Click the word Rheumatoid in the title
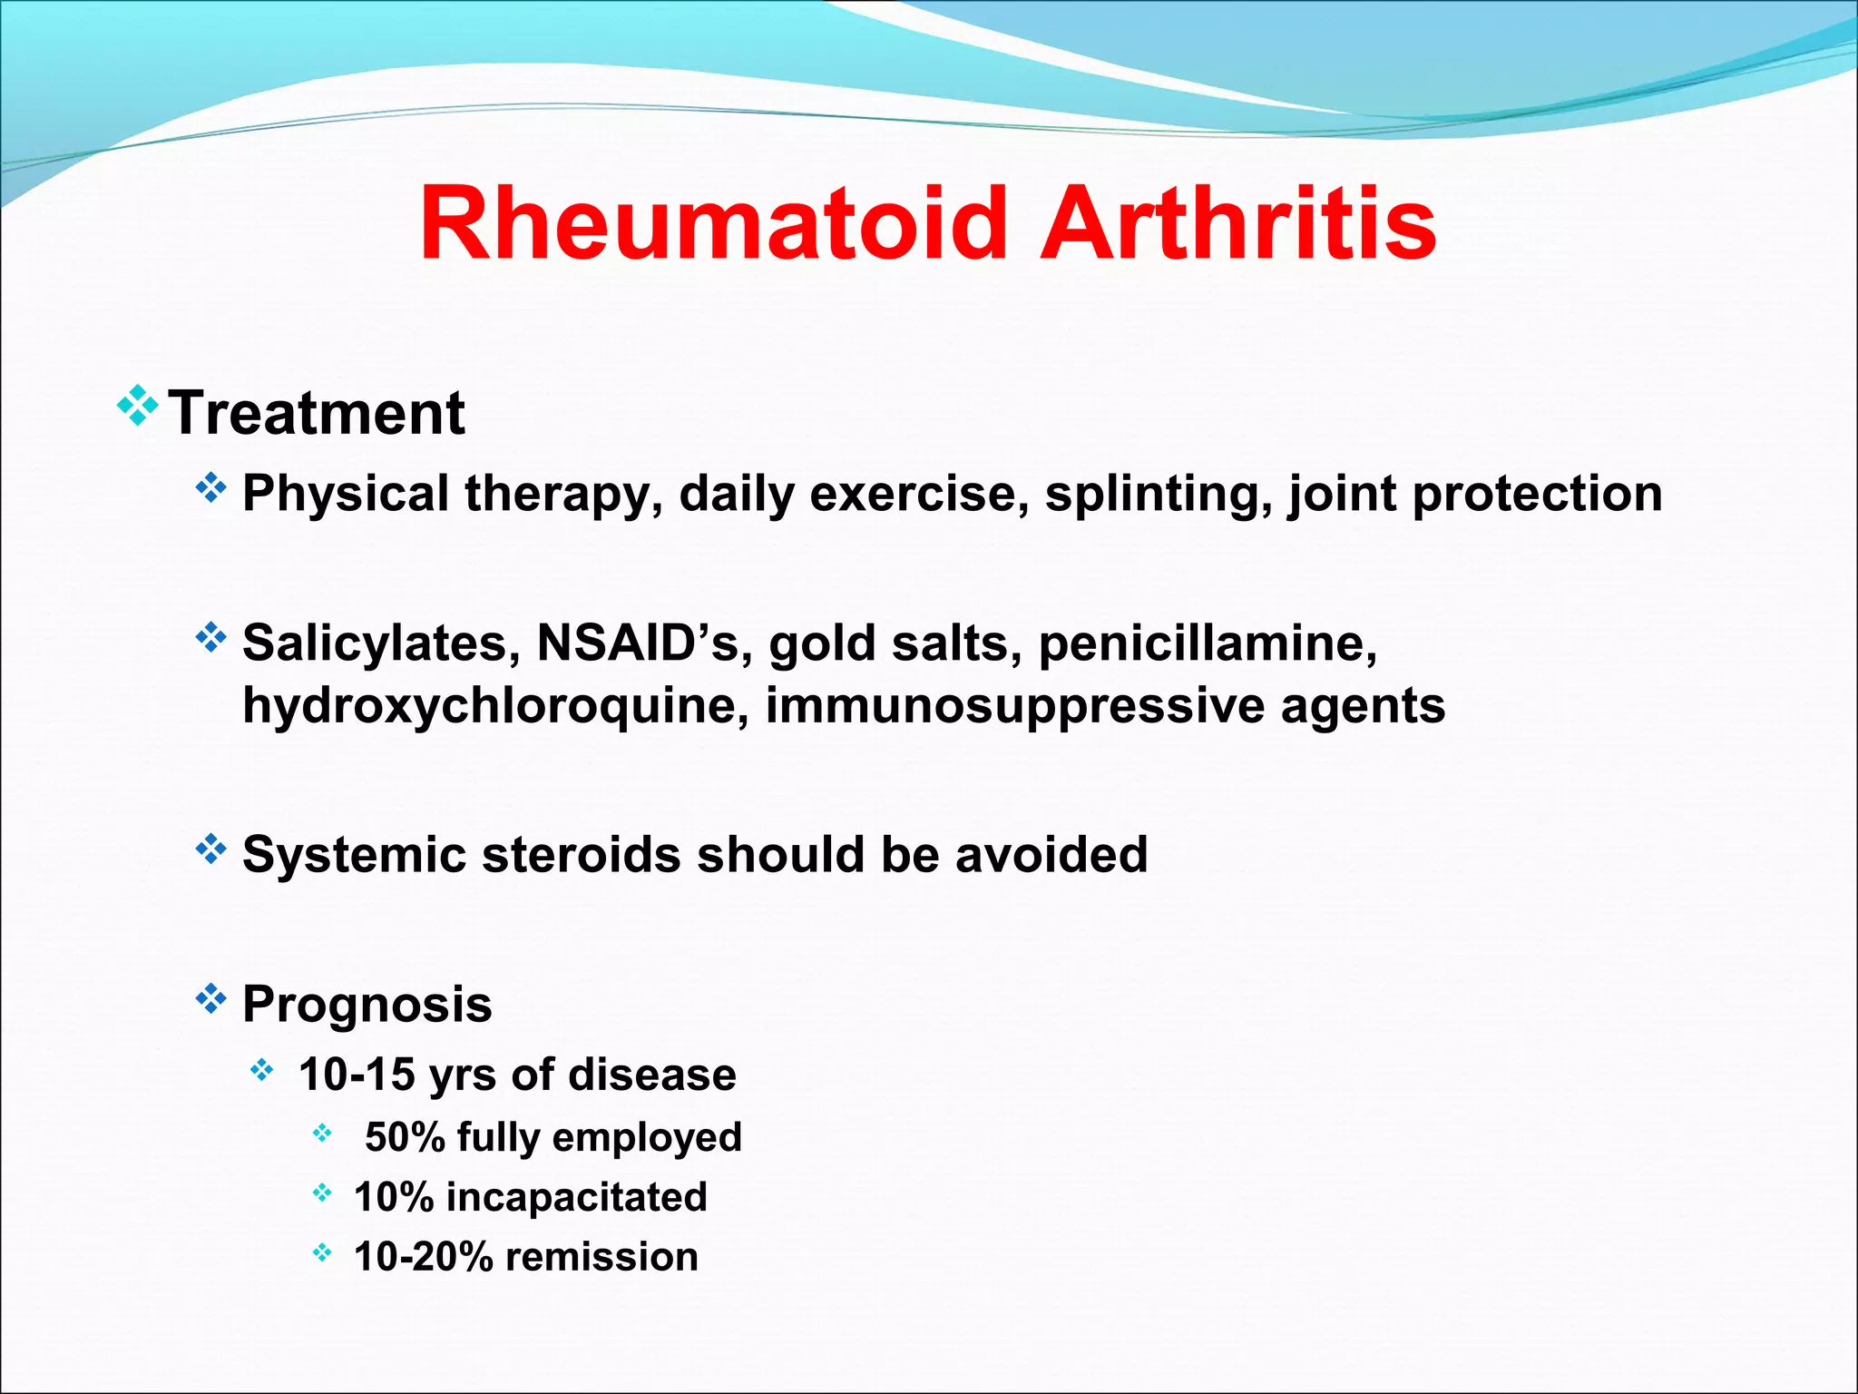click(713, 224)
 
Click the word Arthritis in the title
click(1237, 224)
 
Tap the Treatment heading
click(317, 413)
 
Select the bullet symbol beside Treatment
click(138, 406)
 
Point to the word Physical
click(346, 494)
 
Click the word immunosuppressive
click(1014, 706)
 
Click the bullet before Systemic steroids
click(210, 849)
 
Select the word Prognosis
click(367, 1004)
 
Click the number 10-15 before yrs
click(357, 1075)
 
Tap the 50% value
click(405, 1137)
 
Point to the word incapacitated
click(576, 1197)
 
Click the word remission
click(601, 1257)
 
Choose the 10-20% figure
click(423, 1257)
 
